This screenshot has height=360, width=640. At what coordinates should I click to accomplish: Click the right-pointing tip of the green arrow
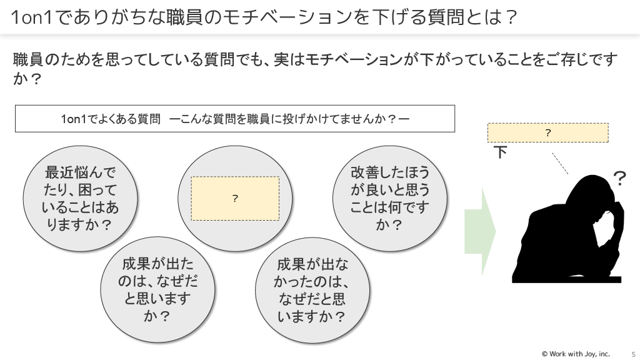click(x=496, y=232)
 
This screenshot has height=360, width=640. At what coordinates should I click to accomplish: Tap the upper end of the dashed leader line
click(x=552, y=153)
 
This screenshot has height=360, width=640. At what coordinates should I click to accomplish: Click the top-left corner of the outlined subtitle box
click(x=15, y=105)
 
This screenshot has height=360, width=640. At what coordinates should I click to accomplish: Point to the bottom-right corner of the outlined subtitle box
click(x=455, y=132)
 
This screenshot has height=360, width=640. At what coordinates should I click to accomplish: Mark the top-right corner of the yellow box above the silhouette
click(x=608, y=123)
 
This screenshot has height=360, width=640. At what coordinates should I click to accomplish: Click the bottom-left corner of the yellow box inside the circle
click(x=191, y=221)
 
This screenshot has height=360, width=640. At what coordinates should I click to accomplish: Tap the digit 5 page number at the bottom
click(x=634, y=354)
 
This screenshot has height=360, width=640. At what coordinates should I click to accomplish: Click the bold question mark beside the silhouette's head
click(x=619, y=178)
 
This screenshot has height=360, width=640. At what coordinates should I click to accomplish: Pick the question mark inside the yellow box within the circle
click(x=235, y=198)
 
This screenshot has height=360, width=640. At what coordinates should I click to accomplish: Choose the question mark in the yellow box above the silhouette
click(x=548, y=132)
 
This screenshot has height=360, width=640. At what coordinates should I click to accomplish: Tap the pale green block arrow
click(x=480, y=232)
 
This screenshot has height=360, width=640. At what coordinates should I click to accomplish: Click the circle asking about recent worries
click(x=80, y=199)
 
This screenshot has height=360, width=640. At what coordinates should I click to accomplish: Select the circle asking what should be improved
click(x=390, y=199)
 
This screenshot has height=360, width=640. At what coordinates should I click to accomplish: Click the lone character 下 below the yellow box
click(x=501, y=152)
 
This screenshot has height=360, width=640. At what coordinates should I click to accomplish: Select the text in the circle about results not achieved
click(x=312, y=290)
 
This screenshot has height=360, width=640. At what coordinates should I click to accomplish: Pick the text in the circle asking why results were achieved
click(x=157, y=290)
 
